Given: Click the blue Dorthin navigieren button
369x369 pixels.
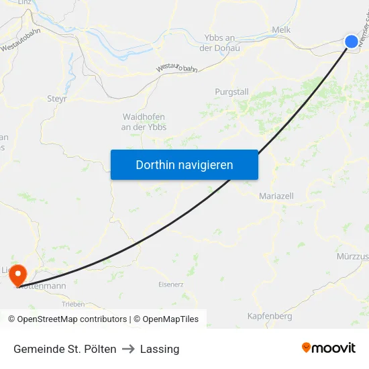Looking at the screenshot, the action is [184, 164].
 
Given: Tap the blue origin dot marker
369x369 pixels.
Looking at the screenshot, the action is [352, 42].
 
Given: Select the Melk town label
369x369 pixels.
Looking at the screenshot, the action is [281, 30].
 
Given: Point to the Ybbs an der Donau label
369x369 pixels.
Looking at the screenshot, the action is [220, 43].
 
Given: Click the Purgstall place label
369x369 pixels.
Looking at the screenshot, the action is [231, 92].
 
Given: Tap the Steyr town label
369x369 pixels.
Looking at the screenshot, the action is [56, 99].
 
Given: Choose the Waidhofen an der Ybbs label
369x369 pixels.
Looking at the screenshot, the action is [144, 121].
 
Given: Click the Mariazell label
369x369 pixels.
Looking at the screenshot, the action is [276, 196].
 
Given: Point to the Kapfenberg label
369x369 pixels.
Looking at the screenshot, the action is [269, 316].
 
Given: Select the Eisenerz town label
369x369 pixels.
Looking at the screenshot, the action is [170, 284].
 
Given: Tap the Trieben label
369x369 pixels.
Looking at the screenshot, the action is [73, 304].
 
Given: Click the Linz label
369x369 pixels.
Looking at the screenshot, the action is [24, 3].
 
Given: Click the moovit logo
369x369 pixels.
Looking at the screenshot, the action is [329, 348].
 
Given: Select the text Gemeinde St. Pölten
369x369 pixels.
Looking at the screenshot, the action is [65, 349].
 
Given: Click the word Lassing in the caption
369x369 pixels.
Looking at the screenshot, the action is [160, 349].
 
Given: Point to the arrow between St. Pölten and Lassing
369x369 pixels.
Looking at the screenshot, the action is [128, 349].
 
